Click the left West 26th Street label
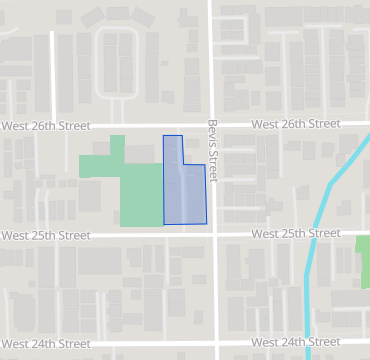[45, 127]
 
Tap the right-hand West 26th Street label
[295, 124]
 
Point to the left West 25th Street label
[45, 236]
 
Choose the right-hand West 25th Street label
[296, 233]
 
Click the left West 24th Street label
[45, 344]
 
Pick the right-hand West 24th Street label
[296, 342]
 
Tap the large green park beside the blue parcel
[140, 195]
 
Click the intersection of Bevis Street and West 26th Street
[212, 125]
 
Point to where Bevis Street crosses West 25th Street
[214, 234]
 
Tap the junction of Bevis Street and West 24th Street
[215, 343]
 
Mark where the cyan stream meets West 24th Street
[307, 342]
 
